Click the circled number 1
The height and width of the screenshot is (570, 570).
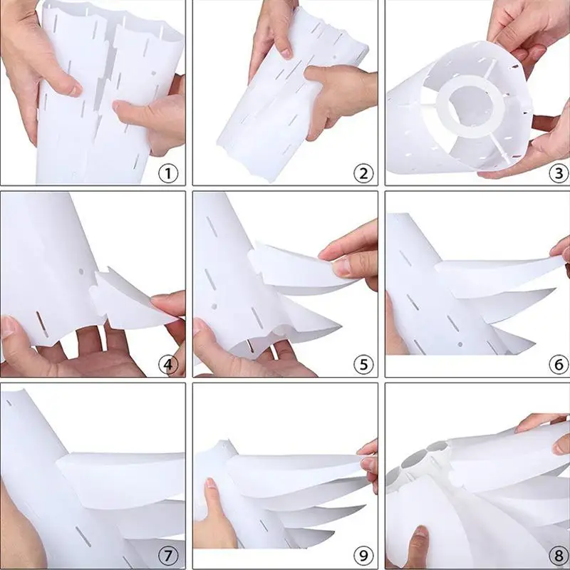coord(168,173)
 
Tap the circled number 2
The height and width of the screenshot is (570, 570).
coord(364,173)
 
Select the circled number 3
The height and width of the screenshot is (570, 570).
coord(558,173)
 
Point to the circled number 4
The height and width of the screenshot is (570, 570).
coord(168,366)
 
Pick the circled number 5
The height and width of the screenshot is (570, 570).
coord(364,366)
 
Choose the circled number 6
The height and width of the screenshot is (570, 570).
coord(558,366)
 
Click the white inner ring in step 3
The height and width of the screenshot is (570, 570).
coord(470,114)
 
